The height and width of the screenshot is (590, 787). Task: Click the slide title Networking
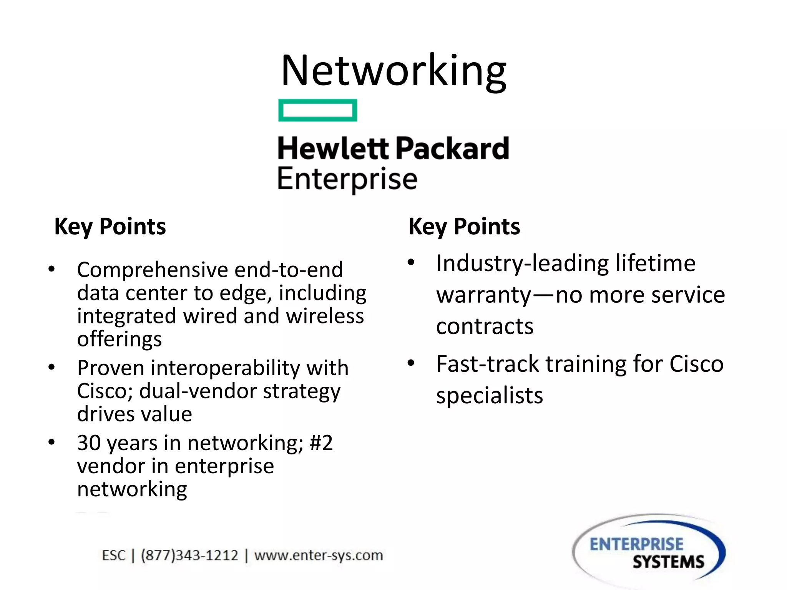393,71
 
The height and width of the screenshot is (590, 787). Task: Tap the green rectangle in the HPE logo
317,110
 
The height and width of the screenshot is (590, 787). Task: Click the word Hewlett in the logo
333,149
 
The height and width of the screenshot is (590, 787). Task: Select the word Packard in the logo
452,149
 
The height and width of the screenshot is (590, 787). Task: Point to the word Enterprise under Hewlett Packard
347,179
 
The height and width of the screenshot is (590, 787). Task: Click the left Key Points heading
110,226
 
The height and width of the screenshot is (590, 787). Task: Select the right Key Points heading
464,226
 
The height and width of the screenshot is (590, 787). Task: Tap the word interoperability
225,368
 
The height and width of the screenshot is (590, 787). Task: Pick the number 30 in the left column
89,443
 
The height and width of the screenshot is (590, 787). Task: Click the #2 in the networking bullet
321,443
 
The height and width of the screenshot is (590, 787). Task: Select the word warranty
484,295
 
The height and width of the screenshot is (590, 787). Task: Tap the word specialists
489,396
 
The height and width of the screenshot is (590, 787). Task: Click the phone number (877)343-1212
190,555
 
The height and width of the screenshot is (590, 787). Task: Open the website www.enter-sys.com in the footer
319,555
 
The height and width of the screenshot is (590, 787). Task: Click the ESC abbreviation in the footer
113,555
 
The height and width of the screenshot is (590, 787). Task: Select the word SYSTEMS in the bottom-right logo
668,562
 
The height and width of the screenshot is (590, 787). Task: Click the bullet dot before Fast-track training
411,363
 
